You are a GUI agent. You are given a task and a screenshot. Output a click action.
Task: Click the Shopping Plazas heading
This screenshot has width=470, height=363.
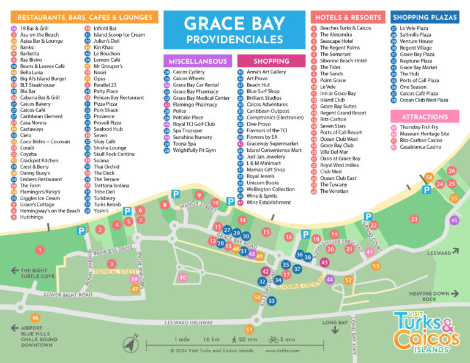425,18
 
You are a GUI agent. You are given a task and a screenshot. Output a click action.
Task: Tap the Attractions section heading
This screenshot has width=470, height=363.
425,116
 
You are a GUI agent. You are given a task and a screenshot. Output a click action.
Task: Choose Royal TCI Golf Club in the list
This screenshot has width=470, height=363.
194,124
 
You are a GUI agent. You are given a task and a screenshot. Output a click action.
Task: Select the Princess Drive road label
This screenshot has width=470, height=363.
113,249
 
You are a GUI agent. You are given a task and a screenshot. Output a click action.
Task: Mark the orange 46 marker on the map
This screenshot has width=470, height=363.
35,318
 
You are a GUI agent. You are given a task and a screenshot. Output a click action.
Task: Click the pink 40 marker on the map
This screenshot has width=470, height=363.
182,277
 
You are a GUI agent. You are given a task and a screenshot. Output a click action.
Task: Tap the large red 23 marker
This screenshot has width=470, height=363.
414,219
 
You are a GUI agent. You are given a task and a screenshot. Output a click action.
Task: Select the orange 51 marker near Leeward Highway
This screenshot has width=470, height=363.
249,330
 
